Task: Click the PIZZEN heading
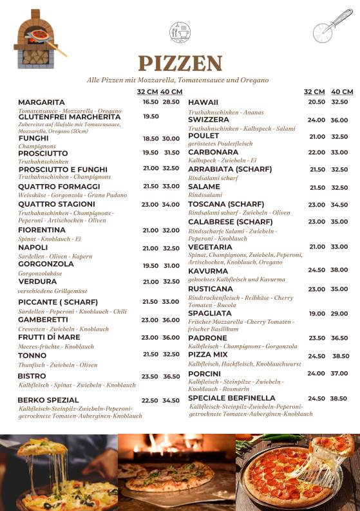180,64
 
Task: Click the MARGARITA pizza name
41,102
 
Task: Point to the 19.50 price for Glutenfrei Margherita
151,116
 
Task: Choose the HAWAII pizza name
204,102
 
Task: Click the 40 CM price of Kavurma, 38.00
339,270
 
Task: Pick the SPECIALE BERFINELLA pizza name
232,398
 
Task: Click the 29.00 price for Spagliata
339,313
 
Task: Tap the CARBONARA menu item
213,153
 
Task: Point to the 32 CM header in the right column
314,92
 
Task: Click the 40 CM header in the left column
171,92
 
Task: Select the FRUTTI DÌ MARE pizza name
49,337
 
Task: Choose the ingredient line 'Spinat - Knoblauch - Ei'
50,239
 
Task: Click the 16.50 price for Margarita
151,102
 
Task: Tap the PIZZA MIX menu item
208,355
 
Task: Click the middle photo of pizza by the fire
176,472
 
